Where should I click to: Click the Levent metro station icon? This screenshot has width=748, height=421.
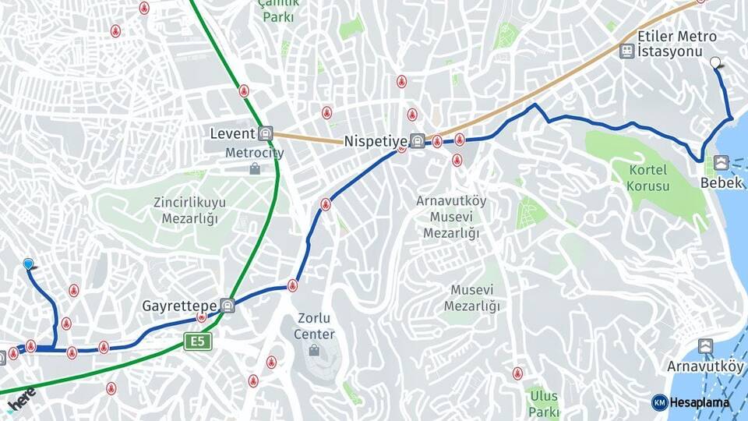click(x=266, y=133)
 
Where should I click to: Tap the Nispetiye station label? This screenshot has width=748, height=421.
click(x=376, y=141)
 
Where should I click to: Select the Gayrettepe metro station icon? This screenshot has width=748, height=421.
click(x=228, y=305)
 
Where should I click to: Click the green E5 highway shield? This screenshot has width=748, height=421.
click(x=198, y=341)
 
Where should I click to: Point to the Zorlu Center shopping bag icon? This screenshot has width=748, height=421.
click(x=314, y=350)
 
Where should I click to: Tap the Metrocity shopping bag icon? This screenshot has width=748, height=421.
click(x=255, y=168)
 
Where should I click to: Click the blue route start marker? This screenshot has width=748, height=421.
click(x=29, y=264)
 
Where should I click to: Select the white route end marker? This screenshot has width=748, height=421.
click(x=715, y=62)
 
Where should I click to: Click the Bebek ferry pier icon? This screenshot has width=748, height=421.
click(x=721, y=163)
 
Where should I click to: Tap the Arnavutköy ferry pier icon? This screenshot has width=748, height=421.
click(x=705, y=346)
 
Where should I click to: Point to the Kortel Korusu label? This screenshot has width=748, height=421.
click(x=647, y=179)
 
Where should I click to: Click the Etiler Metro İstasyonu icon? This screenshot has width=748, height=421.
click(x=626, y=51)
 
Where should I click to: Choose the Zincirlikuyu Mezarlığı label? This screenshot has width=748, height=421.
click(x=189, y=210)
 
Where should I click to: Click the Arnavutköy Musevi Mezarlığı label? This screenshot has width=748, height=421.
click(x=451, y=217)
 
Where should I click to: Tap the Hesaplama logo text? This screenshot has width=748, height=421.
click(x=701, y=402)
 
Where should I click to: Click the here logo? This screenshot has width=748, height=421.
click(x=21, y=398)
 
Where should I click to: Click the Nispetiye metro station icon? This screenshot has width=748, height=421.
click(x=418, y=141)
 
